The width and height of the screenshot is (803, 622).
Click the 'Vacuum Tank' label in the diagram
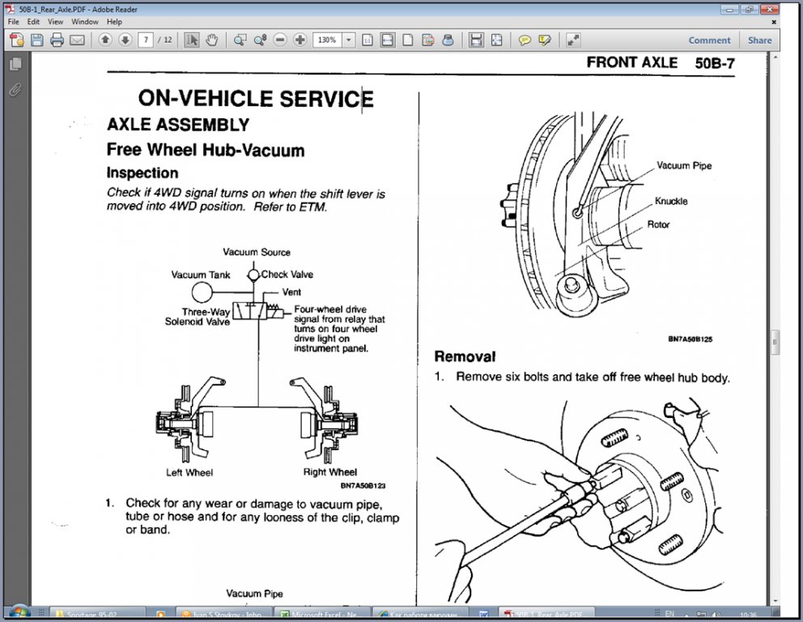click(200, 275)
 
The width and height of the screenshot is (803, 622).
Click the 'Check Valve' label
click(287, 275)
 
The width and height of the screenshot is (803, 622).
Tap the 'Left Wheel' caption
click(189, 472)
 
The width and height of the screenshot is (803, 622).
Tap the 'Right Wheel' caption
click(329, 472)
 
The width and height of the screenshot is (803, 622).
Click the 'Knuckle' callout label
click(671, 201)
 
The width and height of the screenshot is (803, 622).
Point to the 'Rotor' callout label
click(658, 224)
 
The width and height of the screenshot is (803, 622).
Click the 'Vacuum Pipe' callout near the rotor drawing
click(684, 166)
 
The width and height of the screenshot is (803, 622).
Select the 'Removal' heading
click(465, 356)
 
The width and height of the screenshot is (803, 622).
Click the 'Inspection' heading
click(142, 173)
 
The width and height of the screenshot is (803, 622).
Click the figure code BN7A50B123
click(363, 486)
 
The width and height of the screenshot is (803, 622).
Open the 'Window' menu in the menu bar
click(85, 22)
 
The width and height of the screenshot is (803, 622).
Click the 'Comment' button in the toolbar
click(709, 40)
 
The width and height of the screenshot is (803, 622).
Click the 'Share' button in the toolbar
click(759, 40)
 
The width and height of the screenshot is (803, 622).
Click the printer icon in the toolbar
click(57, 40)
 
